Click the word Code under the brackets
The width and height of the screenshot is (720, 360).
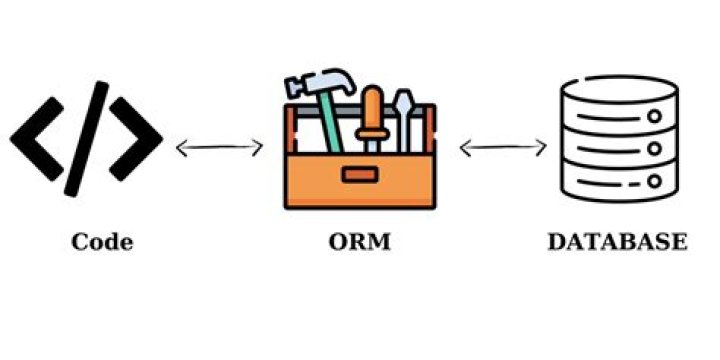point(103,243)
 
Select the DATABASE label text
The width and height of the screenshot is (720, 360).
point(617,243)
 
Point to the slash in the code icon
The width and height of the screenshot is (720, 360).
point(86,136)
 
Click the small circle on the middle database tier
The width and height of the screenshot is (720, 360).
point(654,149)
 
